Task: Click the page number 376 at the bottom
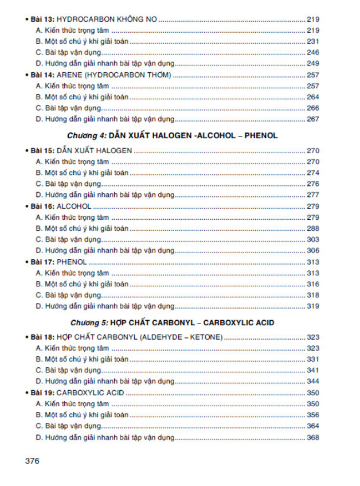click(x=33, y=460)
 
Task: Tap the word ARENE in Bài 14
click(x=72, y=75)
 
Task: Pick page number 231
click(x=313, y=41)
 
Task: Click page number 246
click(x=313, y=52)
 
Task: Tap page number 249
click(x=313, y=63)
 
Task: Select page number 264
click(x=313, y=96)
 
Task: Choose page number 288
click(x=313, y=228)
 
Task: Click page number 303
click(x=313, y=239)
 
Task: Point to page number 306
click(x=313, y=250)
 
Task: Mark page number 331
click(x=313, y=359)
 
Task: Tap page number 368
click(x=313, y=438)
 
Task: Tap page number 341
click(x=313, y=370)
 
